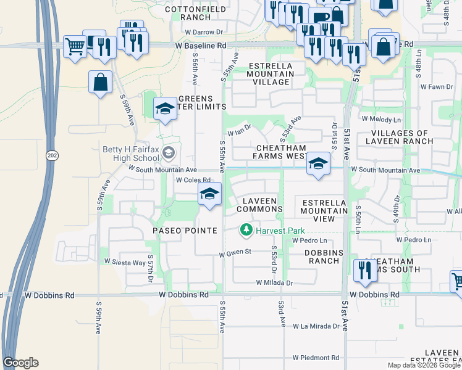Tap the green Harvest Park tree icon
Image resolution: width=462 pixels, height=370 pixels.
click(246, 230)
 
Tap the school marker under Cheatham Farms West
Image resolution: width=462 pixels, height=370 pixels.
click(317, 164)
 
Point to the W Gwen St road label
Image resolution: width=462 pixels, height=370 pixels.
click(235, 252)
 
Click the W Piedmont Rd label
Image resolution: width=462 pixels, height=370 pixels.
click(316, 358)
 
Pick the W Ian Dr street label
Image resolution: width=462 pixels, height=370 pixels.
click(240, 131)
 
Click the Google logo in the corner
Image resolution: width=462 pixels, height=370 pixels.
click(20, 362)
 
